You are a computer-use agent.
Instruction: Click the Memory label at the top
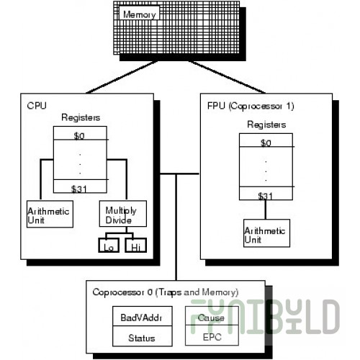(140, 14)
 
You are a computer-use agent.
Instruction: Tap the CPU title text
(37, 106)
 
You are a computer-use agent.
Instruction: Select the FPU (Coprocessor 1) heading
(251, 106)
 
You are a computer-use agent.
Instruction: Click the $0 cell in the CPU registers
(80, 133)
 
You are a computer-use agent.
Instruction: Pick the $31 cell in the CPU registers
(80, 186)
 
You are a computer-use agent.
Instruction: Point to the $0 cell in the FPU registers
(266, 140)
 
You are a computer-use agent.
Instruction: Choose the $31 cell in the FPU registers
(266, 193)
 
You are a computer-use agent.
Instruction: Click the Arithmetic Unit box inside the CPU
(50, 214)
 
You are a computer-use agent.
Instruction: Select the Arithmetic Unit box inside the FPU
(266, 233)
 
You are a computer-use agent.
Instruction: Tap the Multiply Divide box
(123, 214)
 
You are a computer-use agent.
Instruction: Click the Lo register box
(109, 245)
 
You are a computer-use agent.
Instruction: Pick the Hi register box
(136, 245)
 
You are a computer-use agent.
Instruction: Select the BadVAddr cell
(143, 316)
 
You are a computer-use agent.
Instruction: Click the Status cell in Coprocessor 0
(143, 336)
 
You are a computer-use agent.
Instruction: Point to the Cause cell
(212, 316)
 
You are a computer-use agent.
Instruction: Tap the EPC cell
(212, 336)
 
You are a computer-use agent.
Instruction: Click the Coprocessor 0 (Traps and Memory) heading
(166, 292)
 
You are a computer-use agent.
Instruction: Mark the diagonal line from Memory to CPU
(122, 77)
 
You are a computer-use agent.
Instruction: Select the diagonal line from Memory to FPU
(227, 77)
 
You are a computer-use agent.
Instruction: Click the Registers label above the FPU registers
(266, 125)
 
